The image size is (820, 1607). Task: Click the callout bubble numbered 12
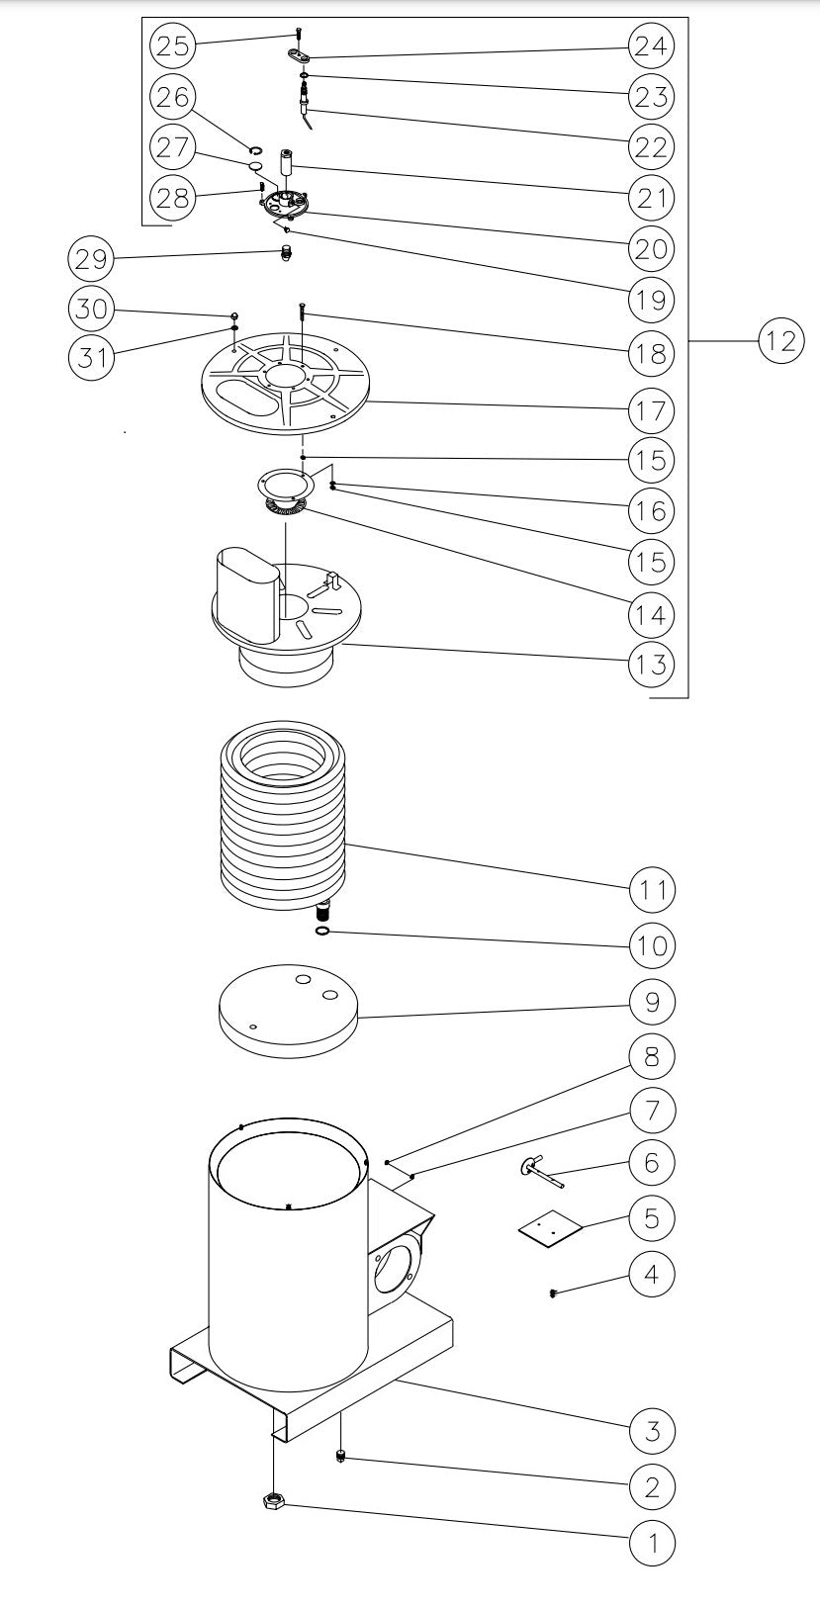click(780, 340)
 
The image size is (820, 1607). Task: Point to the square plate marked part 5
click(547, 1227)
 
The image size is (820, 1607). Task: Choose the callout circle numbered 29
click(91, 260)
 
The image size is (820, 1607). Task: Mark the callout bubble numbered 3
click(652, 1429)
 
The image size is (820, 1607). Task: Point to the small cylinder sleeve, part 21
click(286, 162)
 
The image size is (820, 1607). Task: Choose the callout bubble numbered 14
click(652, 614)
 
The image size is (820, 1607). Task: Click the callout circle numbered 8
click(652, 1056)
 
